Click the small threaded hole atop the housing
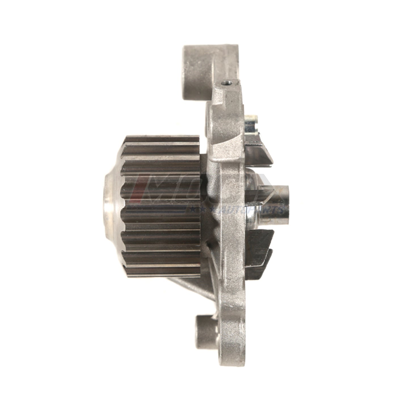226,84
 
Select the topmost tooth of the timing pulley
162,139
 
